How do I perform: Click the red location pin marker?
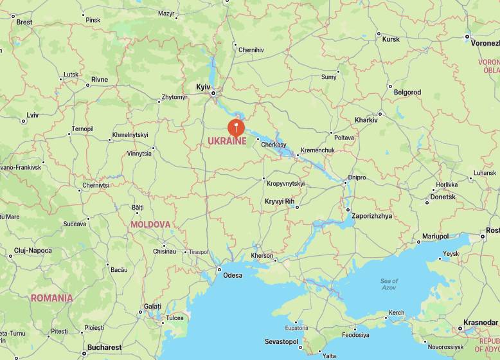(237, 126)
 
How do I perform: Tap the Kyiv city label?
(203, 86)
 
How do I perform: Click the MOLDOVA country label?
(150, 225)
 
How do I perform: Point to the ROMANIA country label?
(51, 298)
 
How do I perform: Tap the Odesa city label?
(233, 275)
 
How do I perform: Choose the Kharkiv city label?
(366, 120)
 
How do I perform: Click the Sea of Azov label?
(389, 284)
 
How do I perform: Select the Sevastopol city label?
(282, 341)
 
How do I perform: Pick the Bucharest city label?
(105, 348)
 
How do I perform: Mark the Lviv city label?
(32, 116)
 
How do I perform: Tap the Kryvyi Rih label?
(280, 201)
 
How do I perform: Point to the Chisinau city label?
(165, 251)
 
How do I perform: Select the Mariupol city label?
(435, 237)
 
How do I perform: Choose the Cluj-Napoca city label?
(34, 250)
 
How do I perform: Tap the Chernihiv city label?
(251, 50)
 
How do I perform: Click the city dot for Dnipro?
(344, 183)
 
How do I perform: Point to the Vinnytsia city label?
(139, 154)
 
